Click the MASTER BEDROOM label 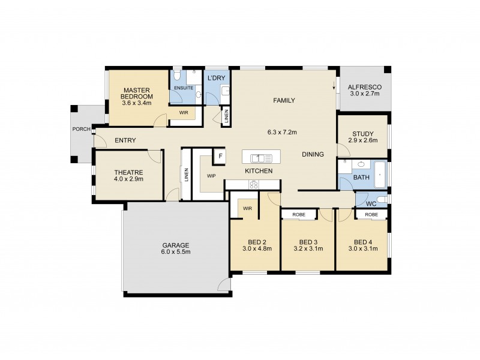pyautogui.click(x=136, y=93)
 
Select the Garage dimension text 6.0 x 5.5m pyautogui.click(x=176, y=252)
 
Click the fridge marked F pyautogui.click(x=220, y=156)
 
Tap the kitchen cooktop pyautogui.click(x=253, y=185)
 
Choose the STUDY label pyautogui.click(x=363, y=133)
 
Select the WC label pyautogui.click(x=371, y=203)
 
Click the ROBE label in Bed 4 pyautogui.click(x=371, y=214)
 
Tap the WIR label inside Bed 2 pyautogui.click(x=247, y=208)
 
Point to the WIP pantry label pyautogui.click(x=211, y=176)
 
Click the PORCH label pyautogui.click(x=81, y=129)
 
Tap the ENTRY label pyautogui.click(x=125, y=140)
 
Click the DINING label pyautogui.click(x=313, y=154)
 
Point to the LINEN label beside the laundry pyautogui.click(x=226, y=117)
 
